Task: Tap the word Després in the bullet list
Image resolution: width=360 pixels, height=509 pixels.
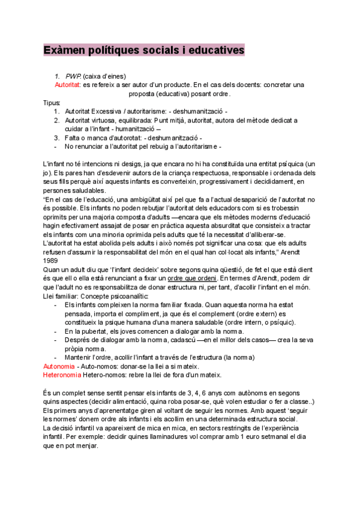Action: (77, 339)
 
